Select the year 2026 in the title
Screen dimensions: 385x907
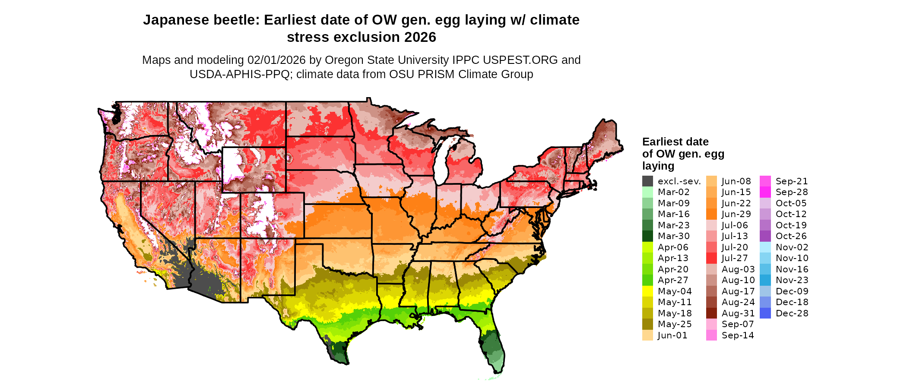[x=420, y=38]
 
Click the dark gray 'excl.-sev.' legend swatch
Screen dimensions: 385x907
[x=647, y=181]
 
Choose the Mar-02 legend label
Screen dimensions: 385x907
[x=673, y=192]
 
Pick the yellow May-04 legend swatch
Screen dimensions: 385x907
[x=647, y=291]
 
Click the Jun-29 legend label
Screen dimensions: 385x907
[x=736, y=214]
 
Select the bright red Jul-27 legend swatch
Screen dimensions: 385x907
[x=711, y=258]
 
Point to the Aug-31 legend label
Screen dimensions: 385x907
[x=738, y=313]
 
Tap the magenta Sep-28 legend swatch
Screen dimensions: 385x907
[x=765, y=192]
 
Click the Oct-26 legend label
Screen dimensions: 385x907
[x=791, y=236]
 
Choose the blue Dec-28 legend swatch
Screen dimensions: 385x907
[x=765, y=313]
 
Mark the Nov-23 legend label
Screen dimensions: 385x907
[x=792, y=280]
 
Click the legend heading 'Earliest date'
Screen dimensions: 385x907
[x=675, y=142]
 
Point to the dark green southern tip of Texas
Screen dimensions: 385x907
[x=339, y=352]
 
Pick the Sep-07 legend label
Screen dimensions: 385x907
[x=737, y=324]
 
